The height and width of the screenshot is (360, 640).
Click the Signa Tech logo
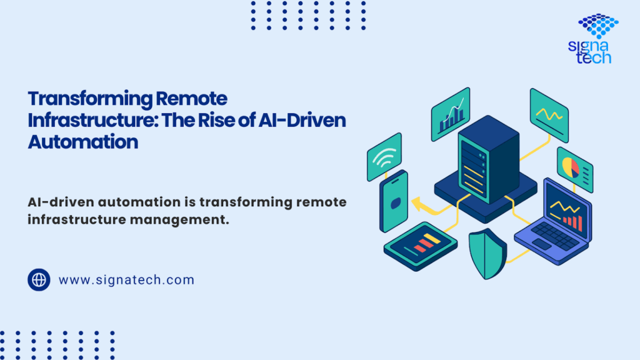coord(594,39)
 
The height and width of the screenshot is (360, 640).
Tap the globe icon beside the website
coord(39,279)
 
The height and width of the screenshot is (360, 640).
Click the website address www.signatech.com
coord(126,280)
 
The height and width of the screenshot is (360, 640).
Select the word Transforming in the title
coord(89,99)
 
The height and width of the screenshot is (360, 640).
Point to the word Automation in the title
coord(83,142)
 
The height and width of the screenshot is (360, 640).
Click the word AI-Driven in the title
coord(302,120)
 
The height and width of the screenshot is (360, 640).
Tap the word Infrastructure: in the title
coord(92,120)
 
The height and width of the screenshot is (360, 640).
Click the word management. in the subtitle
coord(179,219)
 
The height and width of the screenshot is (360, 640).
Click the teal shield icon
coord(487,254)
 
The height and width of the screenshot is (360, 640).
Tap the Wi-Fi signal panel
coord(384,157)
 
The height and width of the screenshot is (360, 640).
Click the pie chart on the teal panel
coord(571,167)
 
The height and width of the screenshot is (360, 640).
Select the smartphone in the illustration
coord(394,201)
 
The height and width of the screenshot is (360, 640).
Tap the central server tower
coord(489,159)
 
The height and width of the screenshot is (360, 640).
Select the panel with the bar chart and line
coord(451,114)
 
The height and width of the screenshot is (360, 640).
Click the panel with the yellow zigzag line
coord(549,115)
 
